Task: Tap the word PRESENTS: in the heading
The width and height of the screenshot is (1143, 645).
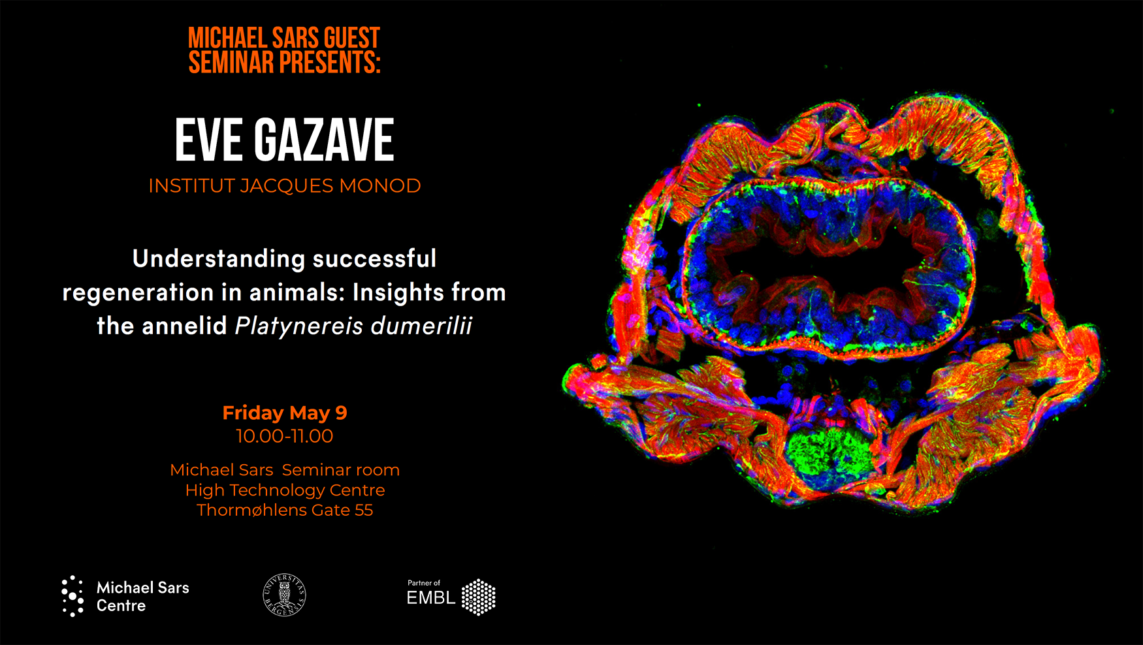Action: click(x=330, y=63)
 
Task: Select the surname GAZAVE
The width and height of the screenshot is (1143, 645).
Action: click(x=324, y=140)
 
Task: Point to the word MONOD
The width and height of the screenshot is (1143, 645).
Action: click(x=380, y=186)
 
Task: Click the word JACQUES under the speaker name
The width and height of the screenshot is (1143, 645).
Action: click(x=287, y=187)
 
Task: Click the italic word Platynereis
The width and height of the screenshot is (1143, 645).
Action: click(x=298, y=326)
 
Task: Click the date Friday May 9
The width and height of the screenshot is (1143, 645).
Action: click(x=285, y=413)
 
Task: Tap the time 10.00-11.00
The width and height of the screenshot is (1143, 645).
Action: click(x=285, y=436)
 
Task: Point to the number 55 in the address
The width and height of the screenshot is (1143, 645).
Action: click(x=364, y=511)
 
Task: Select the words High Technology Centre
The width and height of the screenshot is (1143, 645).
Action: click(x=285, y=490)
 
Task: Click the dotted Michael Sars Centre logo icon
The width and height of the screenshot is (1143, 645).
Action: click(x=72, y=596)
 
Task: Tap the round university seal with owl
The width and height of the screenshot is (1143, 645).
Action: click(x=284, y=595)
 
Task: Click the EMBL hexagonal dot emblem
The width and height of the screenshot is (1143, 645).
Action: click(x=479, y=597)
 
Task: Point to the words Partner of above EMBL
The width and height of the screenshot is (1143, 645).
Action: click(x=424, y=583)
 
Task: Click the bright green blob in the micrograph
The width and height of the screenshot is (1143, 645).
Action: click(x=826, y=450)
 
